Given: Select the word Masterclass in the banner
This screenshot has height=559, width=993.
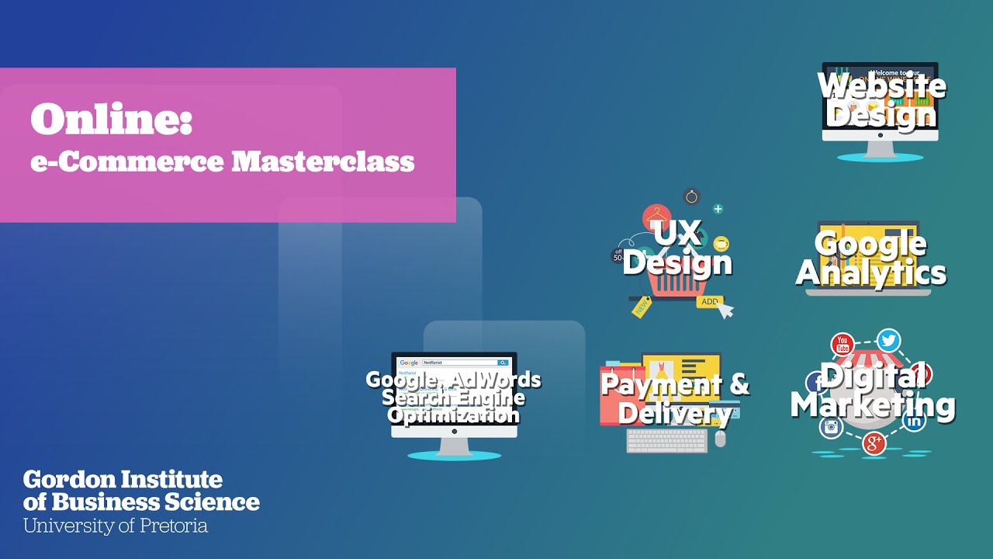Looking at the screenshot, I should point(324,161).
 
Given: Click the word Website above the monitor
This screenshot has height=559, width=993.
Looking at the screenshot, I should point(881,85).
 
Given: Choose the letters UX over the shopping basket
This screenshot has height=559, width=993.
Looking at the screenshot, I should point(676,232).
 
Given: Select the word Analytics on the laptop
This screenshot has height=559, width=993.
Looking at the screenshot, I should point(871,273).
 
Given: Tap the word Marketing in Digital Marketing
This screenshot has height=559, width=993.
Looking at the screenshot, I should point(873,405).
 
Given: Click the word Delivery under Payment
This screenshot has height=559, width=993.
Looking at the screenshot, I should point(674,413).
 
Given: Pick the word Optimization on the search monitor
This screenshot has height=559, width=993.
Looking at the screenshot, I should point(454,415).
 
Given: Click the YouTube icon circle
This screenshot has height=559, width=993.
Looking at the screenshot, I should point(842,344).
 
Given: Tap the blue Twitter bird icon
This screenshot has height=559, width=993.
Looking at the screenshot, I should point(889,340).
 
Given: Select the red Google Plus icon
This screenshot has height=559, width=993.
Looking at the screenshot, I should point(874,443).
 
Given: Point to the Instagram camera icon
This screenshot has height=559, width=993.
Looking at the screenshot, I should point(831,427).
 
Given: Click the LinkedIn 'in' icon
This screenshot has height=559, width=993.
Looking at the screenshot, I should point(914,422).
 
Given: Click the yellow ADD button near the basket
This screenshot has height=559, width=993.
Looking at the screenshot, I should point(709,301).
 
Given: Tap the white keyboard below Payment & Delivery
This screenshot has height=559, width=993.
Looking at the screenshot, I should point(667,441).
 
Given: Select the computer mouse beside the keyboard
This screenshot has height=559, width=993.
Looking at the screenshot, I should point(721,439).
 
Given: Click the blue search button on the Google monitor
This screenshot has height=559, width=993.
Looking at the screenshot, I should point(503,363).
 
